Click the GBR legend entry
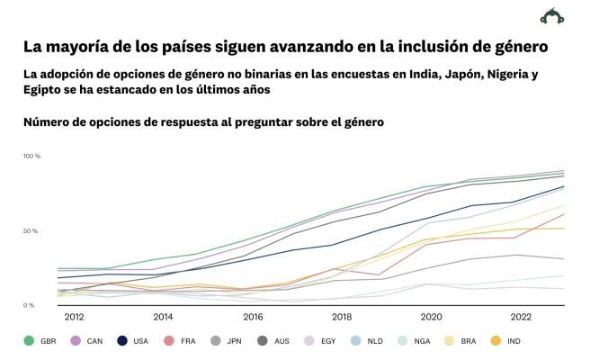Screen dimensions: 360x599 click(x=40, y=340)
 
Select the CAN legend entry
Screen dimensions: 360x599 click(x=87, y=340)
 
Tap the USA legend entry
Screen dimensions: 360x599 click(x=133, y=340)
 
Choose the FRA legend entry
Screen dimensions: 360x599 click(x=180, y=340)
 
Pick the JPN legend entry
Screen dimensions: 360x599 click(x=227, y=340)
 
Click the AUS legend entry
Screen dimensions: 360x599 click(x=273, y=340)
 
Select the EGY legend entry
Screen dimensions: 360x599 click(x=320, y=340)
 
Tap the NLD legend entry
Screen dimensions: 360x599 click(x=367, y=340)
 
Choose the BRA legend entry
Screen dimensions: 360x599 click(x=460, y=340)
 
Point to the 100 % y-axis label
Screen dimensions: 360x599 click(x=31, y=157)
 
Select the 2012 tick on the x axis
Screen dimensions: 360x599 click(x=74, y=317)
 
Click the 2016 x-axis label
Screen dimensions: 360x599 click(x=253, y=317)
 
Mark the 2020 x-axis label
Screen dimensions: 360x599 click(x=431, y=317)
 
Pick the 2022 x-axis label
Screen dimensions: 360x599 click(x=521, y=317)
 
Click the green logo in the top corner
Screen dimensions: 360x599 click(x=551, y=16)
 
